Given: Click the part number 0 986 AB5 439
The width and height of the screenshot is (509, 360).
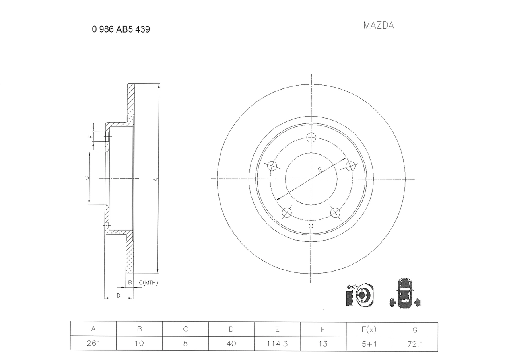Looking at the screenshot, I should coord(121,29).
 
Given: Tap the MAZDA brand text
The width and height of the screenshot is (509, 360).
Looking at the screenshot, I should coord(379,25).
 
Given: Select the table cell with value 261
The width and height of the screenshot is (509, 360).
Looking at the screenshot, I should coord(93,343).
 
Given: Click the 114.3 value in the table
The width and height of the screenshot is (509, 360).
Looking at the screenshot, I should coord(277,343).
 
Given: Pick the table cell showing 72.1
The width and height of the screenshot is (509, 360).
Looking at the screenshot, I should coord(415,343).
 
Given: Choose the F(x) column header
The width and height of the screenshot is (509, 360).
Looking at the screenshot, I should coord(369,329).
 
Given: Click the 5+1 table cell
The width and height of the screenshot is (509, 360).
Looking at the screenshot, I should coord(369,343).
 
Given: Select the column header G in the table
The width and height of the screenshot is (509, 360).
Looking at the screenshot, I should coord(415,329).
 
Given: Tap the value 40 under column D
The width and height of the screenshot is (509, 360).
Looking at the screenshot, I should coord(231,343).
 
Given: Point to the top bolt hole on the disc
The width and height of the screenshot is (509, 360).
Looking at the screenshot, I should coord(311,138).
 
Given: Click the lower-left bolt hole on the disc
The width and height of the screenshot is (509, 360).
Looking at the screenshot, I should coord(287,213).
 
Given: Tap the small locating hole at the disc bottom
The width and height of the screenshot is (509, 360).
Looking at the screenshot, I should coord(311,226).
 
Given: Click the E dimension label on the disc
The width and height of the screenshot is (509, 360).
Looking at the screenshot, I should coord(320,170).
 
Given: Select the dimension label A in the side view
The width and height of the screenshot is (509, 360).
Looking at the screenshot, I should coord(156,179).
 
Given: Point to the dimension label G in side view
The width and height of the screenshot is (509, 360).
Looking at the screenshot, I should coord(87,178).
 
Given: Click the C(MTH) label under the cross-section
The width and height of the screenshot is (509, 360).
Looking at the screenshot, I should coord(148,283).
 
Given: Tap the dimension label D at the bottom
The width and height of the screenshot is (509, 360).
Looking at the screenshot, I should coord(119,295).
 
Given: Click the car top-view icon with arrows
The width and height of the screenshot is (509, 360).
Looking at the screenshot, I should coord(405,294).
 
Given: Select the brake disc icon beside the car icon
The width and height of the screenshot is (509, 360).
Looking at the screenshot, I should coord(360,295).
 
